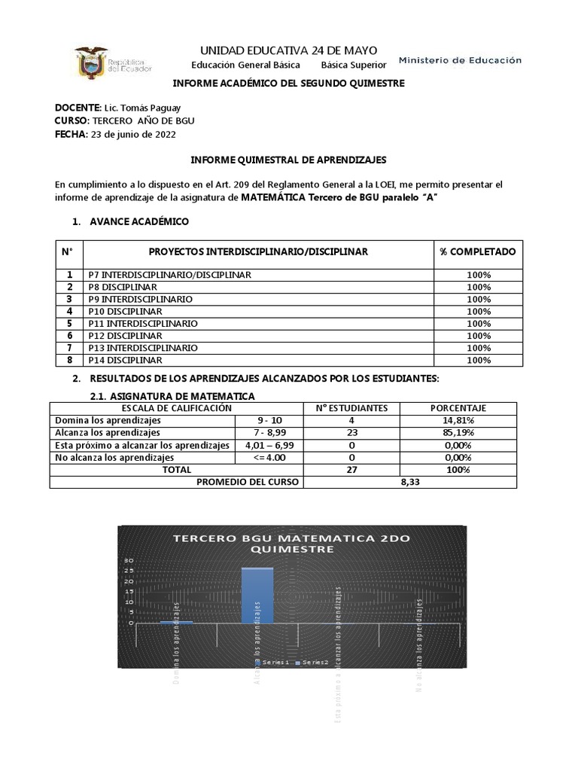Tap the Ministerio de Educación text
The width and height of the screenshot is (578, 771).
(x=459, y=60)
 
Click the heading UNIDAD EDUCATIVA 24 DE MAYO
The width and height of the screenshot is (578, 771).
(x=288, y=50)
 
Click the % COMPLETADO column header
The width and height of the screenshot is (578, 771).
(x=478, y=251)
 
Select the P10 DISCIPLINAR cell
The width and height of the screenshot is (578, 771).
(x=125, y=311)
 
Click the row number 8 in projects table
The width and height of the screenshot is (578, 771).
(x=69, y=360)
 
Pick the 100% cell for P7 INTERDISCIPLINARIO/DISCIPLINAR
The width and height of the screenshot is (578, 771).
(x=478, y=275)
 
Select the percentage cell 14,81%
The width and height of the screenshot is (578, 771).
(x=458, y=420)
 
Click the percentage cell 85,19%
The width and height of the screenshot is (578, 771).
(x=458, y=433)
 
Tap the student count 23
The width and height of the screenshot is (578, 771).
(x=351, y=433)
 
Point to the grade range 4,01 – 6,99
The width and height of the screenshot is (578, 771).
(x=269, y=445)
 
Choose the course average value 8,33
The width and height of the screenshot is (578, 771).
(x=409, y=482)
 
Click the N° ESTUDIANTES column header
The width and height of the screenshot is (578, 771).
(x=351, y=408)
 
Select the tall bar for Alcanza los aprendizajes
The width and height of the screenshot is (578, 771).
(x=257, y=596)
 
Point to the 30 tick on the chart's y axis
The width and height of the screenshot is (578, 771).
(x=129, y=561)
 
